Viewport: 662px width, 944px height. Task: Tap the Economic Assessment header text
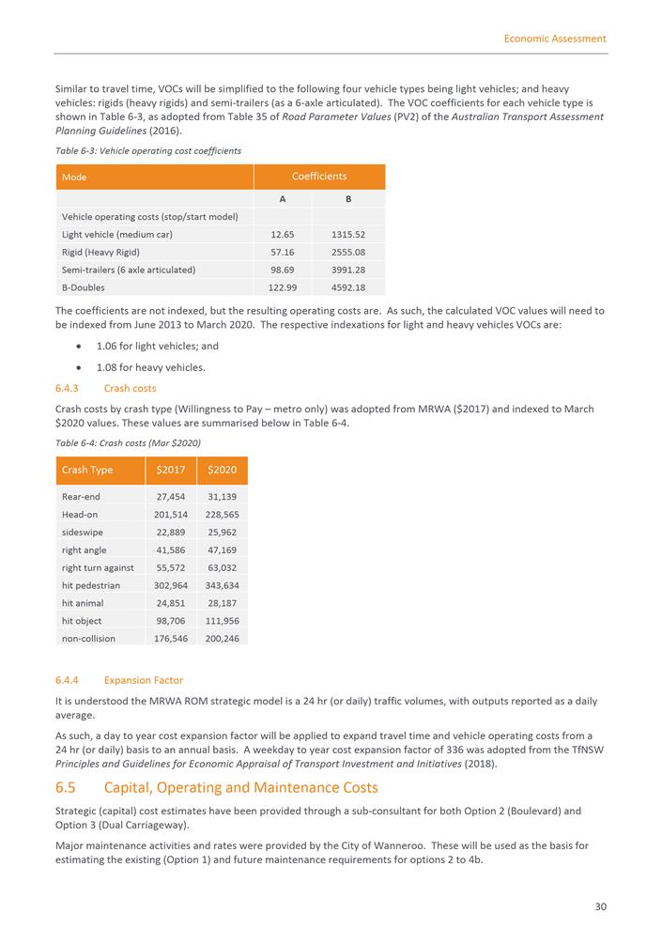pos(554,39)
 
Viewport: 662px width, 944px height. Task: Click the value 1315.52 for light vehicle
pos(347,234)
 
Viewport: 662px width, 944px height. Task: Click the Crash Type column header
pos(87,470)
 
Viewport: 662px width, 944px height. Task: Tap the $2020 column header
pos(223,470)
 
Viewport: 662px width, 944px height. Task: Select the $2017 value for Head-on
pos(170,515)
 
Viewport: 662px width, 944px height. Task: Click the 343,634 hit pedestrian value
pos(223,585)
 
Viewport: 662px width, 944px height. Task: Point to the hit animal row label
pos(83,603)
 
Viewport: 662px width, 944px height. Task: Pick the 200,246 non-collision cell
pos(223,639)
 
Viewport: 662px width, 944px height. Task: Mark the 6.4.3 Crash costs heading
pos(106,388)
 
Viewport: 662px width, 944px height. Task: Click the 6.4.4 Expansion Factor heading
pos(119,680)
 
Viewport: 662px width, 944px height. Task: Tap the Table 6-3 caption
pos(148,150)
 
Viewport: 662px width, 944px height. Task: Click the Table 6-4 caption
pos(129,442)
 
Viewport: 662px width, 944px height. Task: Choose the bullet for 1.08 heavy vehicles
pos(66,367)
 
